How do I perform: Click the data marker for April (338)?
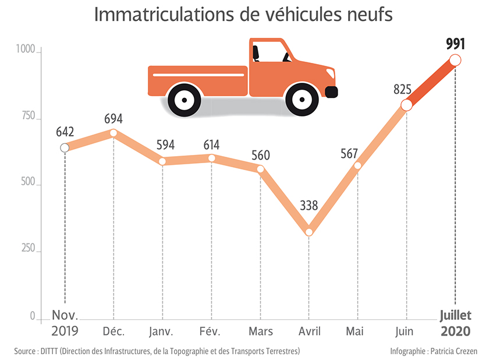click(x=309, y=232)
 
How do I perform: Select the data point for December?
click(x=113, y=133)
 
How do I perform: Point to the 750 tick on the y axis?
click(x=27, y=118)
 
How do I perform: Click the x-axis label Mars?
click(x=260, y=331)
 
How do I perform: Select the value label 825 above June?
click(x=403, y=90)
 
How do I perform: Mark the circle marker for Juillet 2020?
click(x=455, y=60)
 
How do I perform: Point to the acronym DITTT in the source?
click(x=52, y=351)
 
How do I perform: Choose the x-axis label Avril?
click(x=309, y=331)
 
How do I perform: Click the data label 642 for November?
click(x=65, y=131)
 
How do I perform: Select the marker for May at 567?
click(x=358, y=165)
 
